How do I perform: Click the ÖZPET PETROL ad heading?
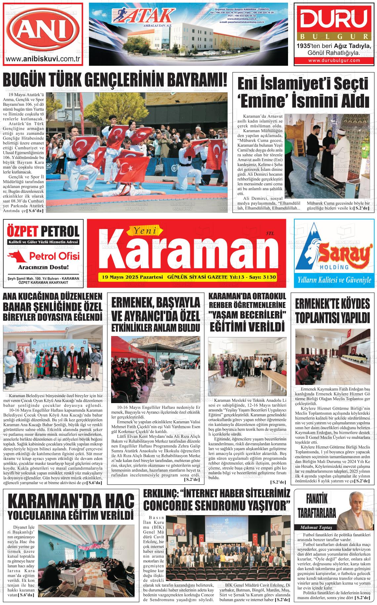tap(43, 231)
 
